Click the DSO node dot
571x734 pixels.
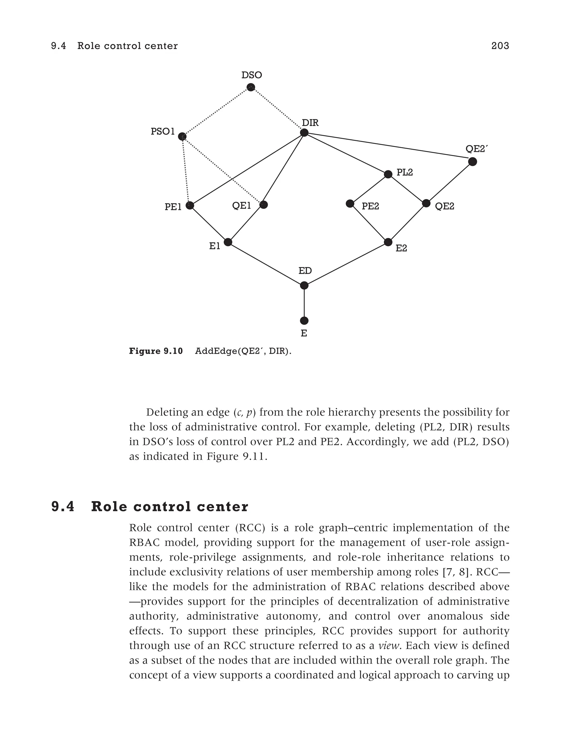pos(251,87)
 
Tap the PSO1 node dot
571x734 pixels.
pos(182,136)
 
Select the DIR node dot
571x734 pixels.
pos(304,133)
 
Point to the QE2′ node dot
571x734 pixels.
pos(473,162)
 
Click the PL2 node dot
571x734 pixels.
pos(388,174)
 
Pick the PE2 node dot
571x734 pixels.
pos(350,203)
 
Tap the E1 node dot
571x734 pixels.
pos(228,242)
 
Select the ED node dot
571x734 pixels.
pos(304,285)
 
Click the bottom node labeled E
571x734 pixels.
pos(304,321)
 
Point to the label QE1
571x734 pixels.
pos(242,205)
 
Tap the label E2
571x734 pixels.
pos(401,248)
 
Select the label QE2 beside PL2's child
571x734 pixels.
pos(444,206)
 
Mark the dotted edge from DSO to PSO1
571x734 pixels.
pos(216,112)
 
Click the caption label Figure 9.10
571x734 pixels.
pos(156,351)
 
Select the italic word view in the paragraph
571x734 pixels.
pos(388,645)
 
